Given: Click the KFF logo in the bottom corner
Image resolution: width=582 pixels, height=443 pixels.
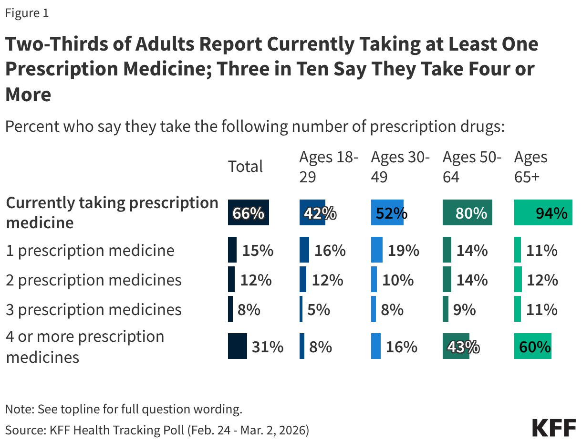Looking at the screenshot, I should (554, 427).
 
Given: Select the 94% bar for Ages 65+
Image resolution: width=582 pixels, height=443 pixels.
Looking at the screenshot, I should (543, 213).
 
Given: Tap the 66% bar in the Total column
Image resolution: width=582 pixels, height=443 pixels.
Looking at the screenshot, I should (249, 213).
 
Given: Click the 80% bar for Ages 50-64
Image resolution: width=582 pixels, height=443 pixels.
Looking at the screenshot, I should (467, 213).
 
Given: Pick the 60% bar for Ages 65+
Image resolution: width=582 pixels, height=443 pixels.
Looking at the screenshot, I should (532, 346).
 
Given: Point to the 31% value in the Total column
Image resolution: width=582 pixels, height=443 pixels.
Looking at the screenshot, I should (268, 347).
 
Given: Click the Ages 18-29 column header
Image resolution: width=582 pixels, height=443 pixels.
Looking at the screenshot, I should (328, 167).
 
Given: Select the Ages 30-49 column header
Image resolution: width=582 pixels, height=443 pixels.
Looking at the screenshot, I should (400, 167).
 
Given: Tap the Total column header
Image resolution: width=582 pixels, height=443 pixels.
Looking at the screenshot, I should (245, 167).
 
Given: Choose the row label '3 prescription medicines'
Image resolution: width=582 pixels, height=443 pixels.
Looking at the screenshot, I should (94, 309).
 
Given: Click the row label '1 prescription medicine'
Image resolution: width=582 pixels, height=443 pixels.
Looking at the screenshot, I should (90, 250).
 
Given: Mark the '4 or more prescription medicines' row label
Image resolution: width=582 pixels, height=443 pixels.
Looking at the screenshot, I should (85, 347).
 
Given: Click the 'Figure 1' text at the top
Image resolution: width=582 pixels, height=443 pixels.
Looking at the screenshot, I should (27, 13).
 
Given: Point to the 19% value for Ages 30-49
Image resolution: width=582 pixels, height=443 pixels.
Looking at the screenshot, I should (403, 251).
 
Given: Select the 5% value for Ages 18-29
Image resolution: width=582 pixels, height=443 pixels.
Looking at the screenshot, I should (319, 309).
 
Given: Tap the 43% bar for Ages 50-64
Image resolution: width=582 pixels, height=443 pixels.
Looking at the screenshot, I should (456, 347).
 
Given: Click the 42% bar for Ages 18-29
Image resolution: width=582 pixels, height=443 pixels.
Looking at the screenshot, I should (312, 213).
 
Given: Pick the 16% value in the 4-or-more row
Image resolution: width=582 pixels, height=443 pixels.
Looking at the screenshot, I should (401, 347).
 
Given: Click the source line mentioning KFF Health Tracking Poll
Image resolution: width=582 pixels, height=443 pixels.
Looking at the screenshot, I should (157, 430).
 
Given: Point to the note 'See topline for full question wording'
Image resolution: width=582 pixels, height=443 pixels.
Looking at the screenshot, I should (124, 409).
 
